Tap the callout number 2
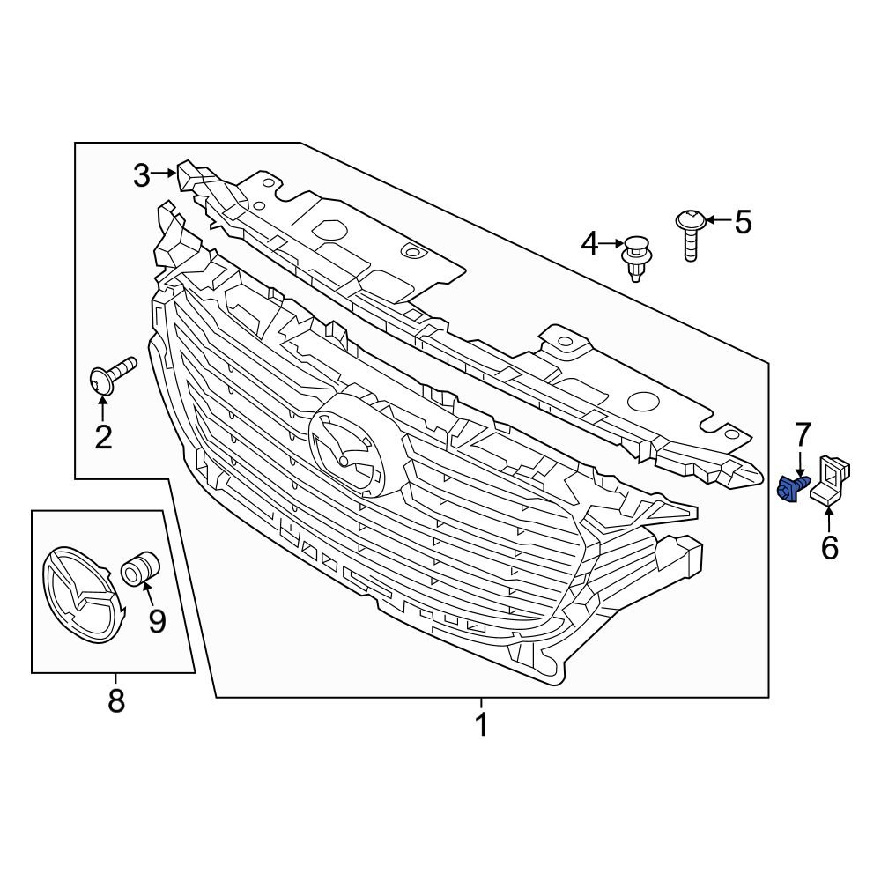tap(103, 436)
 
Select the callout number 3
tap(142, 175)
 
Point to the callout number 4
tap(589, 243)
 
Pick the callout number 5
tap(743, 222)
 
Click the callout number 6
tap(829, 548)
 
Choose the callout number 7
tap(802, 433)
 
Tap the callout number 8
tap(115, 701)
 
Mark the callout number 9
tap(157, 621)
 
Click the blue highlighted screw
tap(792, 487)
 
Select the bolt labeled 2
tap(109, 376)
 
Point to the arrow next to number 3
tap(165, 174)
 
